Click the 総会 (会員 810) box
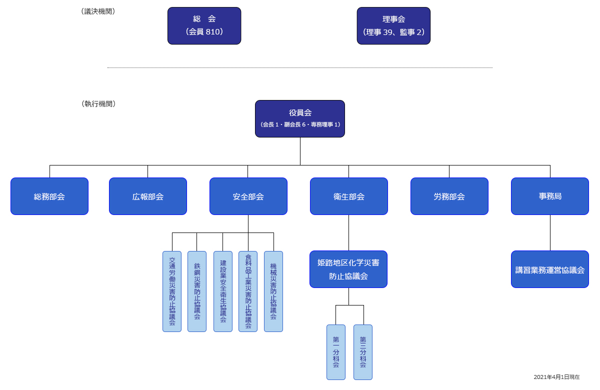204,25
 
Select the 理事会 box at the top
393,25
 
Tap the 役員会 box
300,118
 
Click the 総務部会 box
49,196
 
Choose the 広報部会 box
148,196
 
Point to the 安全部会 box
248,196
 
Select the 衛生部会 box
349,196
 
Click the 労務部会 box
449,196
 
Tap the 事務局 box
550,196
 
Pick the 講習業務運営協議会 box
550,269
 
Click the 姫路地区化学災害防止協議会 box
348,269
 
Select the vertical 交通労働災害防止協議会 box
172,291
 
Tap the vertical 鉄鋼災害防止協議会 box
197,291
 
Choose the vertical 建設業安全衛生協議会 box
223,291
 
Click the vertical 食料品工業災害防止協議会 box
248,291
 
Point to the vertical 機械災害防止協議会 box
273,291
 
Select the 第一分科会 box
336,352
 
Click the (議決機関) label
98,11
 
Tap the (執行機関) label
98,103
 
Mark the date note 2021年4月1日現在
556,377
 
